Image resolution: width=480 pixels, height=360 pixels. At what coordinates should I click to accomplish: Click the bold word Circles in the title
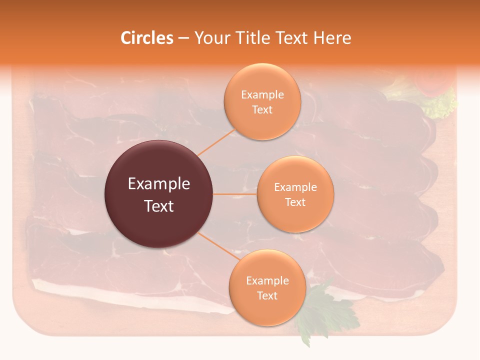coord(147,38)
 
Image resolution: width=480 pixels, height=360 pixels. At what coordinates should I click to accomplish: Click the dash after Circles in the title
coord(183,38)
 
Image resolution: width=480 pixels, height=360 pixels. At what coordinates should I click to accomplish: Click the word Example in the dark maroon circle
coord(159,184)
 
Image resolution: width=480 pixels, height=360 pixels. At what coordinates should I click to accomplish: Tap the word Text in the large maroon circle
coord(159,206)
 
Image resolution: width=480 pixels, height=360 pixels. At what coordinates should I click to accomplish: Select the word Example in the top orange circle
coord(262,95)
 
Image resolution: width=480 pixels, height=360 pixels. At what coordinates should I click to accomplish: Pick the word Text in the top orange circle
coord(262,110)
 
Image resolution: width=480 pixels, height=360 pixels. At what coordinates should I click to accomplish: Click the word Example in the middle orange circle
coord(295,187)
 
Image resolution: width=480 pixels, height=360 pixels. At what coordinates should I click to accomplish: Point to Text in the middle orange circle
coord(295,202)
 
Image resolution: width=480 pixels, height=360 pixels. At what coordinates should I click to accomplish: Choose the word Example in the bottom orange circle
coord(267,281)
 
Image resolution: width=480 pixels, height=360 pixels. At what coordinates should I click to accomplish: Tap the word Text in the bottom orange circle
coord(267,296)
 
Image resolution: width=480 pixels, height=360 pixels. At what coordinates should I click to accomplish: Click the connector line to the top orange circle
coord(216,142)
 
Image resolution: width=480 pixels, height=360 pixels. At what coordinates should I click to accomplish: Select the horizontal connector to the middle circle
coord(235,194)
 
